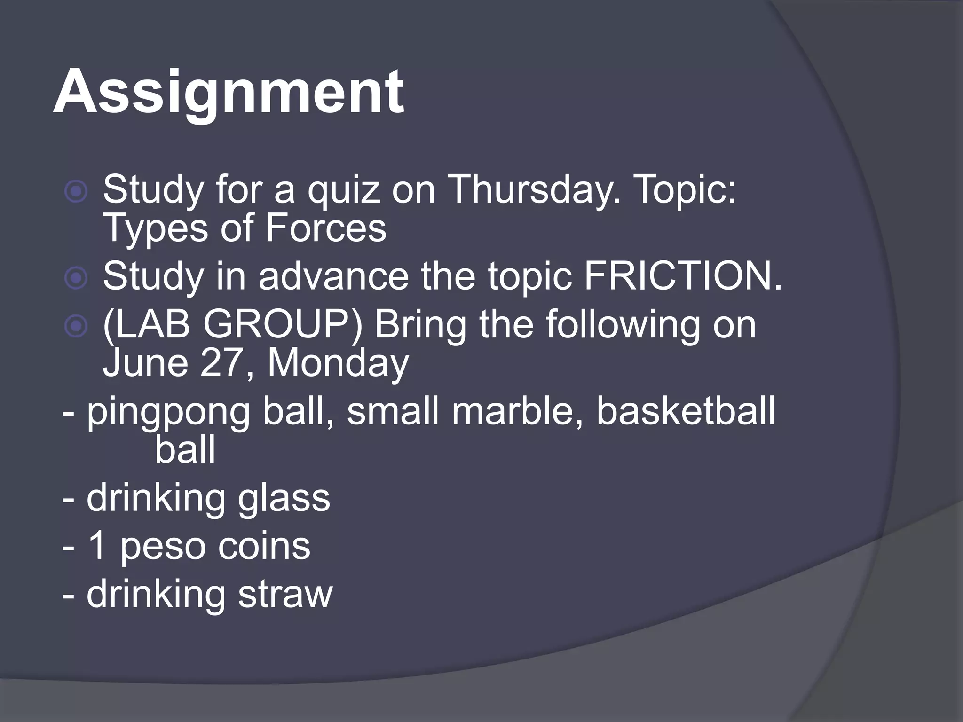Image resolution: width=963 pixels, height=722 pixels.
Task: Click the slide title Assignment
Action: click(229, 92)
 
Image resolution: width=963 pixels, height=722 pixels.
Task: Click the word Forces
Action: click(326, 229)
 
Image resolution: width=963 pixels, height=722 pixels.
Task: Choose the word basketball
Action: click(686, 410)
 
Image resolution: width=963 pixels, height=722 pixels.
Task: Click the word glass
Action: click(284, 498)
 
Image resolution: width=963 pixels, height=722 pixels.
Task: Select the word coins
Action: click(264, 546)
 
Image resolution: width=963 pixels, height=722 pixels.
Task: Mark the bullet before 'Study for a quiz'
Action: click(76, 192)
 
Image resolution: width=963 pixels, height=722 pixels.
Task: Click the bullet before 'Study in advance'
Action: click(76, 278)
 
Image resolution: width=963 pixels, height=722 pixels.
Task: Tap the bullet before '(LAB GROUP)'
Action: click(76, 326)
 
